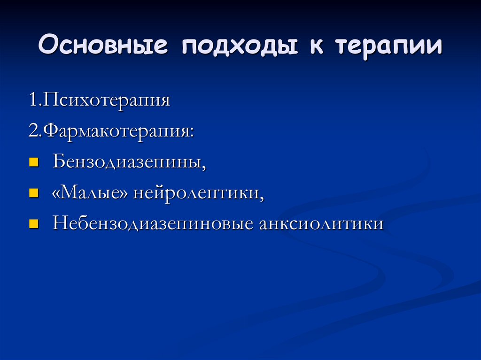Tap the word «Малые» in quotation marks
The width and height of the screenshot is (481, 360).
click(90, 192)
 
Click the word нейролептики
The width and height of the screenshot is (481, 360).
click(195, 192)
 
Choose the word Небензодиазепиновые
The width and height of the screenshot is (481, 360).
click(153, 223)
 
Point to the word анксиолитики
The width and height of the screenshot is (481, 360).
click(321, 223)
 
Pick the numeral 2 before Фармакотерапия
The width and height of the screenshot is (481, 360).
click(32, 131)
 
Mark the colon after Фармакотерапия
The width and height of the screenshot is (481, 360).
click(191, 133)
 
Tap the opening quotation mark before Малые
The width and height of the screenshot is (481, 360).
click(56, 193)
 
